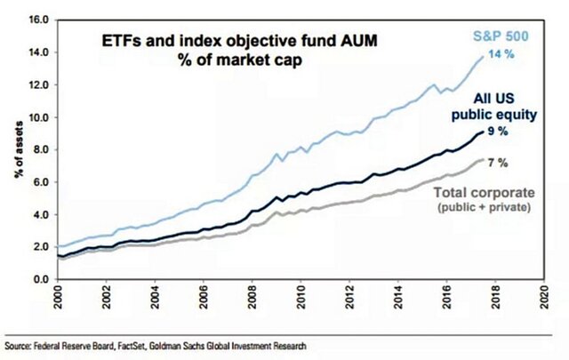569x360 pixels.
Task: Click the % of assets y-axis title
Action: tap(17, 152)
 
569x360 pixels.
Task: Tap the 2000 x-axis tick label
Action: tap(58, 300)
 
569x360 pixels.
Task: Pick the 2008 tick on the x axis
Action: tap(252, 300)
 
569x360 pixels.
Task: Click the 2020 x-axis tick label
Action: tap(545, 300)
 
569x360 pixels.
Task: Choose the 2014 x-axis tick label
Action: tap(398, 300)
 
